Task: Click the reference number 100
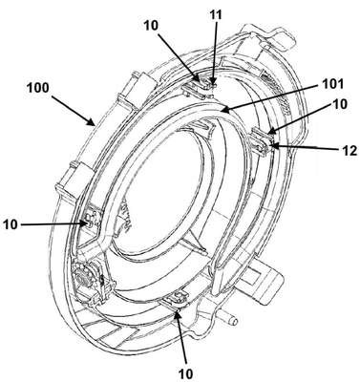38,88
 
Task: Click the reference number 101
331,84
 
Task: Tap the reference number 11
216,14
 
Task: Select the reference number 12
349,151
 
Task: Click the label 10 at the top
151,26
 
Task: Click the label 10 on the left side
11,224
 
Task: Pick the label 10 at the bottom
185,372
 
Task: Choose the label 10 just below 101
340,104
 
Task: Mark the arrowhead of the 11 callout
214,83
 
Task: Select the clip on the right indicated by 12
263,141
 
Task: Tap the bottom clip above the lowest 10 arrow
176,300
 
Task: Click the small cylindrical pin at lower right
231,319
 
